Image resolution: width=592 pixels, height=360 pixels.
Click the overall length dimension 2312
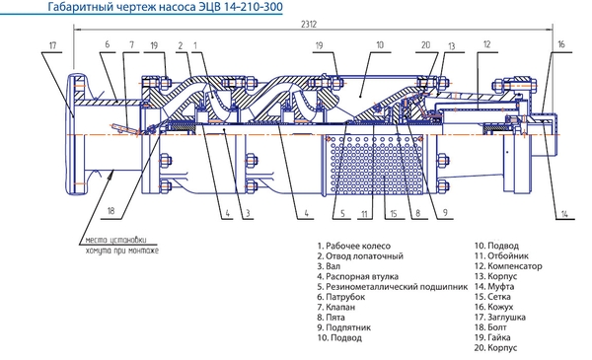pyautogui.click(x=309, y=24)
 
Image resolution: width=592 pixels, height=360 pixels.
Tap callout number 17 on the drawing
pyautogui.click(x=53, y=45)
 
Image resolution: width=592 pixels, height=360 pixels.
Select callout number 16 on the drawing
pyautogui.click(x=561, y=44)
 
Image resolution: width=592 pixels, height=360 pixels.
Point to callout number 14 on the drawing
pyautogui.click(x=564, y=214)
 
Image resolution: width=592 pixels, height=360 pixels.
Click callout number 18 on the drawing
pyautogui.click(x=111, y=210)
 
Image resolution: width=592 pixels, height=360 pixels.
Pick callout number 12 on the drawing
pyautogui.click(x=487, y=44)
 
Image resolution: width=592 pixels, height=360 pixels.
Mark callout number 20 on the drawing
pyautogui.click(x=425, y=45)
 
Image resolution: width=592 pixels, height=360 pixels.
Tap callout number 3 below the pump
pyautogui.click(x=248, y=213)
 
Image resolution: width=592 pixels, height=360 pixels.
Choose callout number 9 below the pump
pyautogui.click(x=445, y=213)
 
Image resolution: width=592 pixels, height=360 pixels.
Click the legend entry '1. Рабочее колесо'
pyautogui.click(x=354, y=246)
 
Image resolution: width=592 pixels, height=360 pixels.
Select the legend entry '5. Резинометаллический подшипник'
pyautogui.click(x=393, y=287)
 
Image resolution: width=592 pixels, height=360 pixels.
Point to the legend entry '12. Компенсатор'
pyautogui.click(x=508, y=266)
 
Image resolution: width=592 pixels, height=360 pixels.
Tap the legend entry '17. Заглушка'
pyautogui.click(x=500, y=317)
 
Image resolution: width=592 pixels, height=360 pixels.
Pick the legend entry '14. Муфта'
pyautogui.click(x=494, y=286)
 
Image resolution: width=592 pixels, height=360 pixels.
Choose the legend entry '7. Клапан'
pyautogui.click(x=336, y=307)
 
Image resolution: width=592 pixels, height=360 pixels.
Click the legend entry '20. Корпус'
pyautogui.click(x=495, y=347)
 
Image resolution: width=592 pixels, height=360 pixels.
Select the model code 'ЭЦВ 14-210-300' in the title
pyautogui.click(x=240, y=7)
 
